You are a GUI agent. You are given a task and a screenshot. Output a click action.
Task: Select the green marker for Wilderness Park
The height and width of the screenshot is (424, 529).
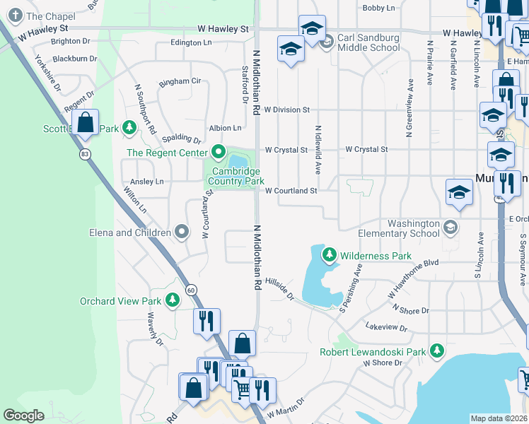pos(329,255)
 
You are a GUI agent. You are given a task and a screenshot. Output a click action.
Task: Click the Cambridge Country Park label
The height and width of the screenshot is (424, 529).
pos(236,177)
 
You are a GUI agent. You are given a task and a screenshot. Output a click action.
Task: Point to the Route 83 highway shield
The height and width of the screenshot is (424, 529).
pos(85,154)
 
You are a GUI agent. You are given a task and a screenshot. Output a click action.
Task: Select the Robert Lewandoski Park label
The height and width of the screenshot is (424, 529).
pos(372,351)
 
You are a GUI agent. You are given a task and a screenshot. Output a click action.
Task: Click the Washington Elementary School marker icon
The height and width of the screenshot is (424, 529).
pos(450,228)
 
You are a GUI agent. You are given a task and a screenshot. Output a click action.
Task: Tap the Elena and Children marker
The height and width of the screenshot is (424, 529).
pos(182,232)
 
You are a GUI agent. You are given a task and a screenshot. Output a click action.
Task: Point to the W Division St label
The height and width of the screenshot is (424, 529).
pos(287,110)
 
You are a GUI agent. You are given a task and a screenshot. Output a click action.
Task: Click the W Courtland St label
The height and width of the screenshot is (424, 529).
pos(291,190)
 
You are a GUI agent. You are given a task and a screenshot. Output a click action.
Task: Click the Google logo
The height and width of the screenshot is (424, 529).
pos(24,416)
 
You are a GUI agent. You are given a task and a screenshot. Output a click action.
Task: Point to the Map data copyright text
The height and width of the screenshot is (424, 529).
pos(499,418)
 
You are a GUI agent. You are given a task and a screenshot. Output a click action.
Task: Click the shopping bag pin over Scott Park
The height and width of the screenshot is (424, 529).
pos(85,123)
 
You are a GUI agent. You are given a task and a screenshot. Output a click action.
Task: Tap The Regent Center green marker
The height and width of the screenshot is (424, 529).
pos(218,153)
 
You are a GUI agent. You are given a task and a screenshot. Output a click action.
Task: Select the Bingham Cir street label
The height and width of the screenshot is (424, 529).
pos(180,81)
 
